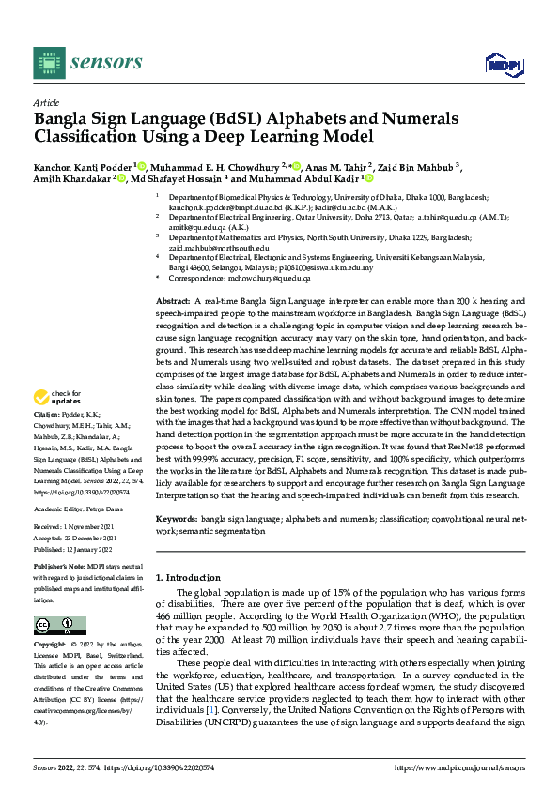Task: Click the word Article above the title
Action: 45,102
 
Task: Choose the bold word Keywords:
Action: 176,518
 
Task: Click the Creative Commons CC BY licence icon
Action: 54,625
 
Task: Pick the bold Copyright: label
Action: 52,646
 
